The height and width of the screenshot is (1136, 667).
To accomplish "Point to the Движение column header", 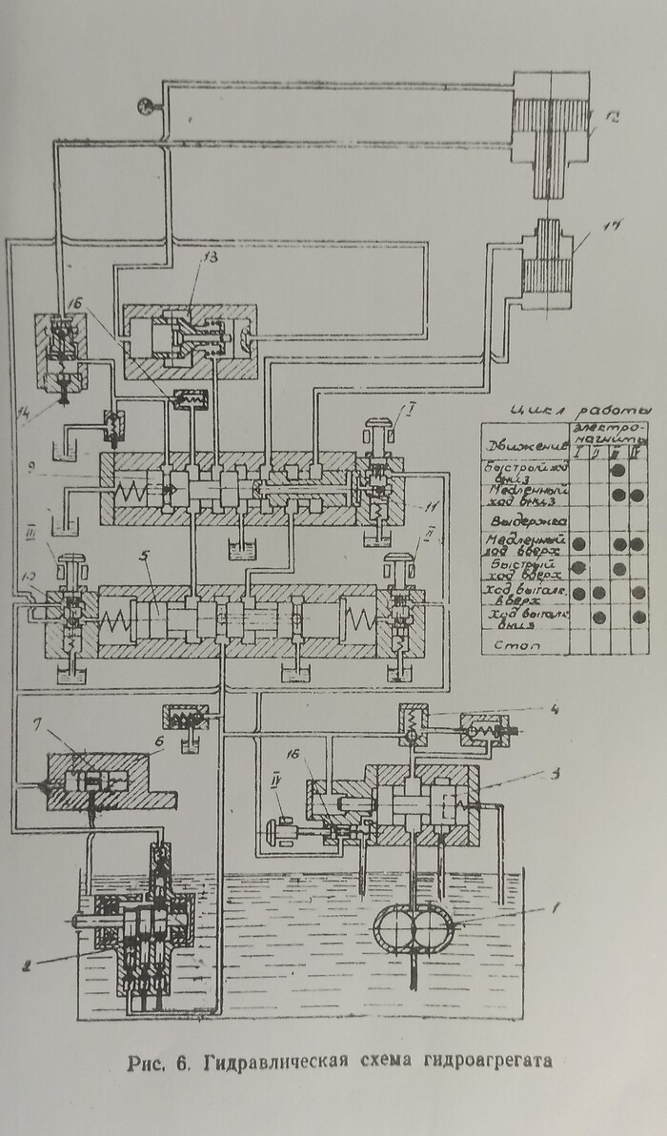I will pyautogui.click(x=524, y=442).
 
